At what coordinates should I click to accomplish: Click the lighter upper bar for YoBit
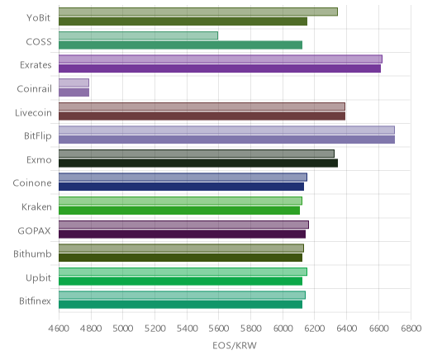[198, 12]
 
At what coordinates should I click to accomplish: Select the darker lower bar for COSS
[180, 45]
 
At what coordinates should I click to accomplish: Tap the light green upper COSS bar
[138, 36]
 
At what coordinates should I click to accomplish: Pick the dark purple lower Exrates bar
[220, 69]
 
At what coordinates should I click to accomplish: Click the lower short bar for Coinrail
[74, 92]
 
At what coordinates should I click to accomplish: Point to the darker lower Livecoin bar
[202, 116]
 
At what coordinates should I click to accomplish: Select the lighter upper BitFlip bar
[226, 130]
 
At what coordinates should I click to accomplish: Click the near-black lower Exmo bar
[198, 163]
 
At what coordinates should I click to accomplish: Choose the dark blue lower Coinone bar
[181, 187]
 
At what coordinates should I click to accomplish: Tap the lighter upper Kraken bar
[180, 201]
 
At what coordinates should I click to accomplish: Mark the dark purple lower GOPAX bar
[182, 234]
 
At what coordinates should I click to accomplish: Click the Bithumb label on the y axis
[32, 253]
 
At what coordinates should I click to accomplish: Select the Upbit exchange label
[38, 278]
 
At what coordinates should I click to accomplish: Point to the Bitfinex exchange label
[35, 301]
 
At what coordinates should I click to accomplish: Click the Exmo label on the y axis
[39, 160]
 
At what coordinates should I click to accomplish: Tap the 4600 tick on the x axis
[59, 329]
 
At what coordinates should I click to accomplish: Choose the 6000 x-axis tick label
[283, 329]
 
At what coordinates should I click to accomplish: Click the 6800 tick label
[411, 329]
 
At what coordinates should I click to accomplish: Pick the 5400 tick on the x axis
[187, 329]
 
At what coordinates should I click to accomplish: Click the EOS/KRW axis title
[235, 345]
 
